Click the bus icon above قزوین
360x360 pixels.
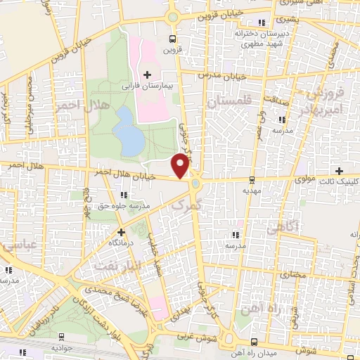point(172,39)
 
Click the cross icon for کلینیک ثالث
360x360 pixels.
point(340,171)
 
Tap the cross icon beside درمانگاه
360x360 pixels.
point(121,231)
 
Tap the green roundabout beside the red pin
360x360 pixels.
point(195,184)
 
